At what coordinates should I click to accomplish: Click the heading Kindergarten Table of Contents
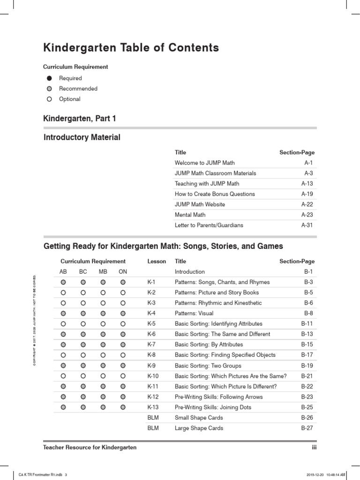tap(131, 47)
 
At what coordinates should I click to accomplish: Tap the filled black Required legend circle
tap(49, 78)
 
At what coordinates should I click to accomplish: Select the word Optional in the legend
tap(69, 99)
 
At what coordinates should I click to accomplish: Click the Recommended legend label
tap(78, 89)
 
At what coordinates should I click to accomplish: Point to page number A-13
tap(307, 184)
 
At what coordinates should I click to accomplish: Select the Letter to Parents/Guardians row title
tap(209, 225)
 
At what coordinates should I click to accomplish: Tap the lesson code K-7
tap(151, 345)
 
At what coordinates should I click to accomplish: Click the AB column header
tap(63, 271)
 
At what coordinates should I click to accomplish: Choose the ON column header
tap(123, 271)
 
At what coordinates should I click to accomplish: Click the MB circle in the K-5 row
tap(103, 324)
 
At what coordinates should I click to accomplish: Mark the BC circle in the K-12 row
tap(83, 397)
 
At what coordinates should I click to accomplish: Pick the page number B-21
tap(307, 376)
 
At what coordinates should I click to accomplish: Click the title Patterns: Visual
tap(194, 313)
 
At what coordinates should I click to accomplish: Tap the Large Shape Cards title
tap(199, 428)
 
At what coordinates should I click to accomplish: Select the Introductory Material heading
tap(82, 138)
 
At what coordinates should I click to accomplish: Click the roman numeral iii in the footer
tap(314, 448)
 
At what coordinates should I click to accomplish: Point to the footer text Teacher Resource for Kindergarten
tap(90, 448)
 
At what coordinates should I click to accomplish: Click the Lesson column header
tap(157, 261)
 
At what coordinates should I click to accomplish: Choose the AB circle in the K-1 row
tap(63, 282)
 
